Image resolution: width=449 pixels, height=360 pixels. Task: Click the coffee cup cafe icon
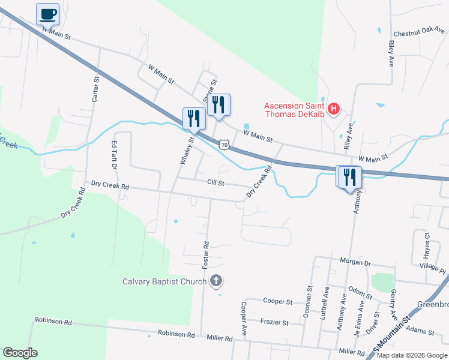pos(47,13)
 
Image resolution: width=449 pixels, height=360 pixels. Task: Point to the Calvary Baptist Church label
pos(164,281)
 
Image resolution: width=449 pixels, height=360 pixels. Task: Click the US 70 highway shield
pos(224,145)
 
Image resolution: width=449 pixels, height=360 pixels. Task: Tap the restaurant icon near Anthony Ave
pos(349,178)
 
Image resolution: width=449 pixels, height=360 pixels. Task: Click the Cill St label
pos(215,182)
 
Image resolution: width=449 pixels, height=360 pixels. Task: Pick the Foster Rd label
pos(205,253)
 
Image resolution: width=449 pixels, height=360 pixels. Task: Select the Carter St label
pos(95,89)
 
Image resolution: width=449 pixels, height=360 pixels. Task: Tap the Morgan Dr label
pos(356,263)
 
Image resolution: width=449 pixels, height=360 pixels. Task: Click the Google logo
pos(20,353)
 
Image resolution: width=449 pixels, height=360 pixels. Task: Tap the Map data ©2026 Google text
pos(411,355)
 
